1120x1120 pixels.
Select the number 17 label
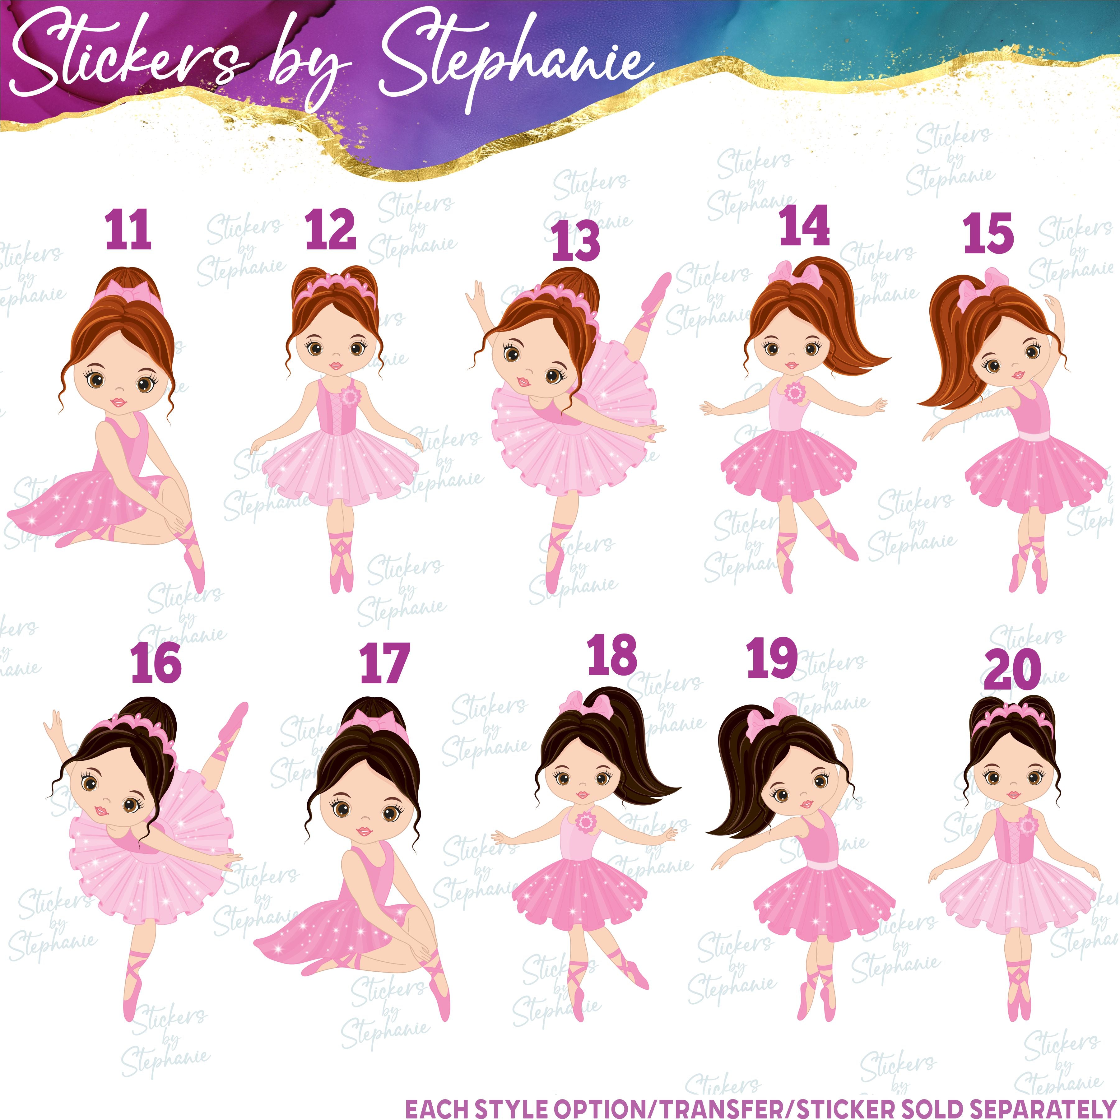tap(385, 664)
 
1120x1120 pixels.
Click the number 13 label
tap(576, 241)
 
